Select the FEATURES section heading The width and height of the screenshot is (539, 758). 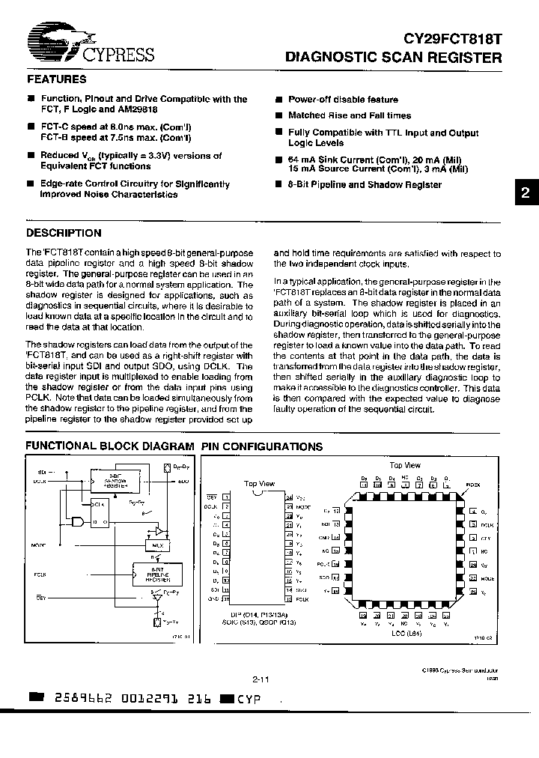(56, 79)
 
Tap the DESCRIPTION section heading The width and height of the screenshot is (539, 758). (64, 233)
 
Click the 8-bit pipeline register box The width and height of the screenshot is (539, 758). (153, 575)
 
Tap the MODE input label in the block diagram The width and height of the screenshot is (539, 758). (40, 545)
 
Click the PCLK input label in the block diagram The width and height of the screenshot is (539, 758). (39, 575)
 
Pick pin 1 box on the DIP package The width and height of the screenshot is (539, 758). (227, 497)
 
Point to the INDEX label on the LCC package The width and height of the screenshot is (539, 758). (473, 485)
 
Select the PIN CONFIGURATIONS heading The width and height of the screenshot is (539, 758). (261, 446)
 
